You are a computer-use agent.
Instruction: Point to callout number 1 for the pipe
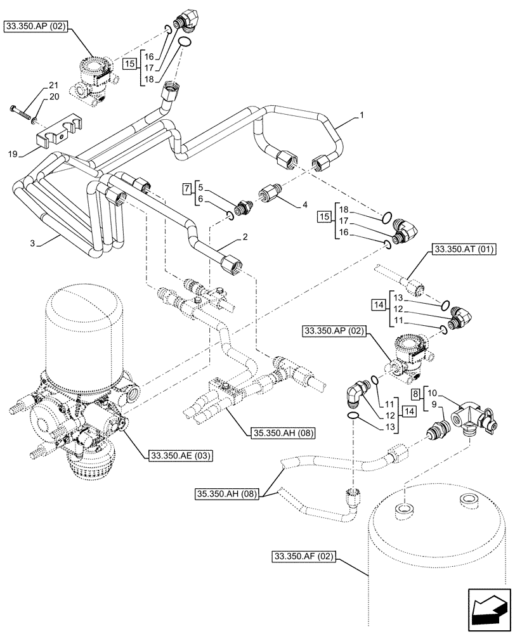coord(361,116)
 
